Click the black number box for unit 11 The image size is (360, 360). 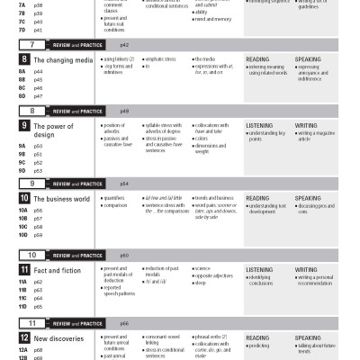[24, 268]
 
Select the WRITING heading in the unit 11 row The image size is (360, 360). [306, 268]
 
